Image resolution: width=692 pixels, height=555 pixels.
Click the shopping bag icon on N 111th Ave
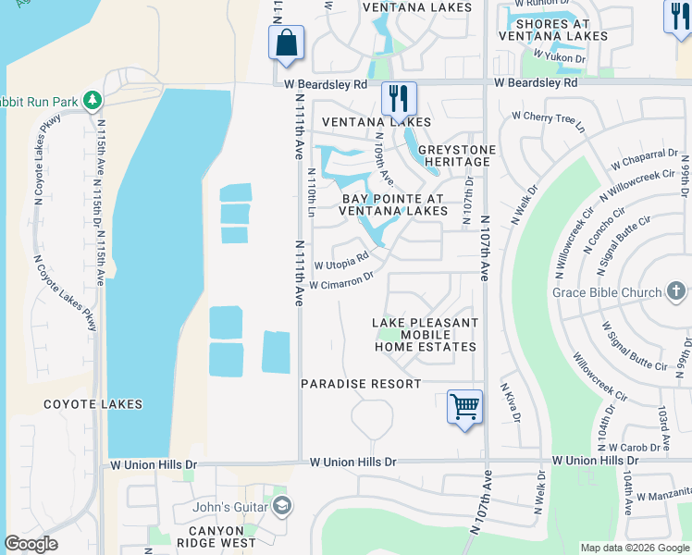pyautogui.click(x=287, y=43)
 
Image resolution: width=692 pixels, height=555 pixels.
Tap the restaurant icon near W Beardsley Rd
pyautogui.click(x=399, y=97)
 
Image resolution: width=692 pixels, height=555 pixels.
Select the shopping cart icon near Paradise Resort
pyautogui.click(x=464, y=406)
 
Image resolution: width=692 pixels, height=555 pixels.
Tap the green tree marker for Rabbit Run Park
pyautogui.click(x=92, y=99)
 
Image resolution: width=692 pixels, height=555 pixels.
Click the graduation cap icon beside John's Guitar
pyautogui.click(x=282, y=506)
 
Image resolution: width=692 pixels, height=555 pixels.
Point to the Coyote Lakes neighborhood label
pyautogui.click(x=93, y=404)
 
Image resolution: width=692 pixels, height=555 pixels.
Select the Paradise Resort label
pyautogui.click(x=361, y=383)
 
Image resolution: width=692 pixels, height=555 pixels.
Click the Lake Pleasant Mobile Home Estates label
pyautogui.click(x=425, y=335)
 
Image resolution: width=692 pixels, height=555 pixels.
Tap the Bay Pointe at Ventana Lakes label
pyautogui.click(x=393, y=204)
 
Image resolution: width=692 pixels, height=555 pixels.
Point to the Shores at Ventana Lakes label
pyautogui.click(x=553, y=30)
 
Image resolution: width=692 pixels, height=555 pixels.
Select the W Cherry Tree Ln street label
pyautogui.click(x=548, y=120)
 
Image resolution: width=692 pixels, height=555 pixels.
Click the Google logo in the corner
pyautogui.click(x=31, y=543)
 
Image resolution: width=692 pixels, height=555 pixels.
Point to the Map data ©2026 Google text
pyautogui.click(x=635, y=548)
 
